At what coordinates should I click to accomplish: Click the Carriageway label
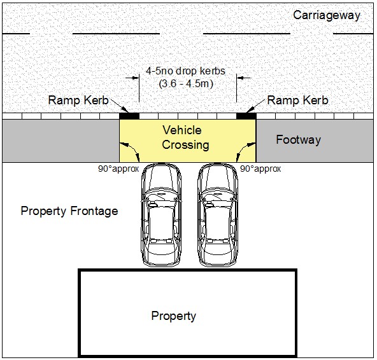pos(327,16)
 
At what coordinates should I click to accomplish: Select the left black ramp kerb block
pos(129,116)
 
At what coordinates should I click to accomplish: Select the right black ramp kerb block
pos(246,116)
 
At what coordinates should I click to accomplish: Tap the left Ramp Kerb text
pos(78,100)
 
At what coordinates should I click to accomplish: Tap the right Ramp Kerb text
pos(297,100)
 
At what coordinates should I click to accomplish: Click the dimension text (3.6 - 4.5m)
pos(186,84)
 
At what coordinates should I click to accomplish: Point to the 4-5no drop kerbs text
pos(185,71)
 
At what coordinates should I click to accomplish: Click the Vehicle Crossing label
pos(185,137)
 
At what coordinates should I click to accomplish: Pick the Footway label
pos(299,140)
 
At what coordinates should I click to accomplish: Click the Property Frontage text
pos(69,211)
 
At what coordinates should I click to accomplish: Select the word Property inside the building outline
pos(174,316)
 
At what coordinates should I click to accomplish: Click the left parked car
pos(161,215)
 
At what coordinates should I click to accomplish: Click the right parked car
pos(218,215)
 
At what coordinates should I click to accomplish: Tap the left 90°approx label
pos(118,169)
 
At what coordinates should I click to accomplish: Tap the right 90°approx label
pos(260,169)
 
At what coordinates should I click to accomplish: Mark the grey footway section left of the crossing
pos(61,141)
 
